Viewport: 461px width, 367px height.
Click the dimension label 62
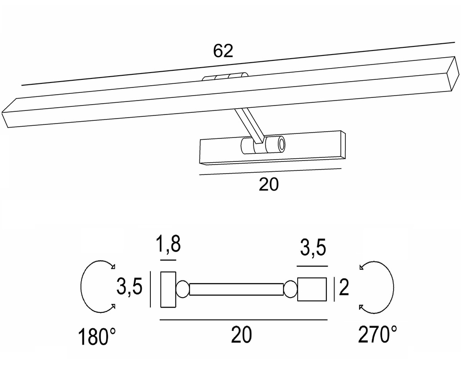(x=223, y=50)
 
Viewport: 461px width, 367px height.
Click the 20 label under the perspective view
(x=268, y=184)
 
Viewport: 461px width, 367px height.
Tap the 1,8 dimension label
(x=168, y=244)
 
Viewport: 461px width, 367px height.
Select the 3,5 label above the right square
(x=313, y=248)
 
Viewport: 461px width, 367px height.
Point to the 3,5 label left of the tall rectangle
(x=130, y=286)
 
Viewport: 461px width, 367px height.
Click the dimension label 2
(x=343, y=287)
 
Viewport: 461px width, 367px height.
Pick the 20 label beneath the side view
(x=241, y=335)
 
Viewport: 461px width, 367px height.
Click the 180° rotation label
(x=97, y=337)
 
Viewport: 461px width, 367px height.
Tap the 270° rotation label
(x=377, y=334)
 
